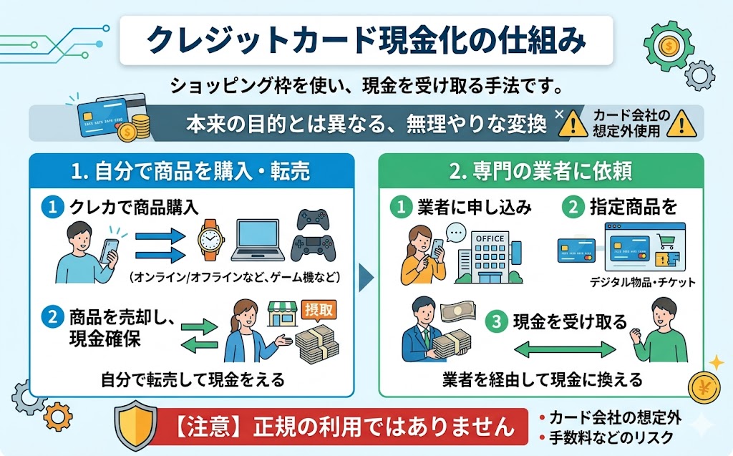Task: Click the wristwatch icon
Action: tap(211, 240)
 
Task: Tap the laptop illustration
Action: tap(258, 240)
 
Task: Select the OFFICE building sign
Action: tap(490, 238)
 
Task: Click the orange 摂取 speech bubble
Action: tap(319, 310)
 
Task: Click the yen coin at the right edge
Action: tap(704, 387)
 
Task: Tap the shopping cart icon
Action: tap(665, 241)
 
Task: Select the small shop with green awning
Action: tap(282, 314)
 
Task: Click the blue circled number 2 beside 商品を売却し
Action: tap(52, 318)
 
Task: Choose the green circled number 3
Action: tap(497, 321)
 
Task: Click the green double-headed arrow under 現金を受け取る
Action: tap(565, 349)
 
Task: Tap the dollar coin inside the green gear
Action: tap(670, 46)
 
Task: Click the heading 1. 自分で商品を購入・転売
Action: tap(190, 170)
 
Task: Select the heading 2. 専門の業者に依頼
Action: tap(541, 170)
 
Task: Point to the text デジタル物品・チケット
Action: tap(643, 282)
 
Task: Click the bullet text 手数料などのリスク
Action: tap(611, 437)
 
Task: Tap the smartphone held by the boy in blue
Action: tap(110, 251)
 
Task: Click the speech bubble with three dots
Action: tap(456, 233)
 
